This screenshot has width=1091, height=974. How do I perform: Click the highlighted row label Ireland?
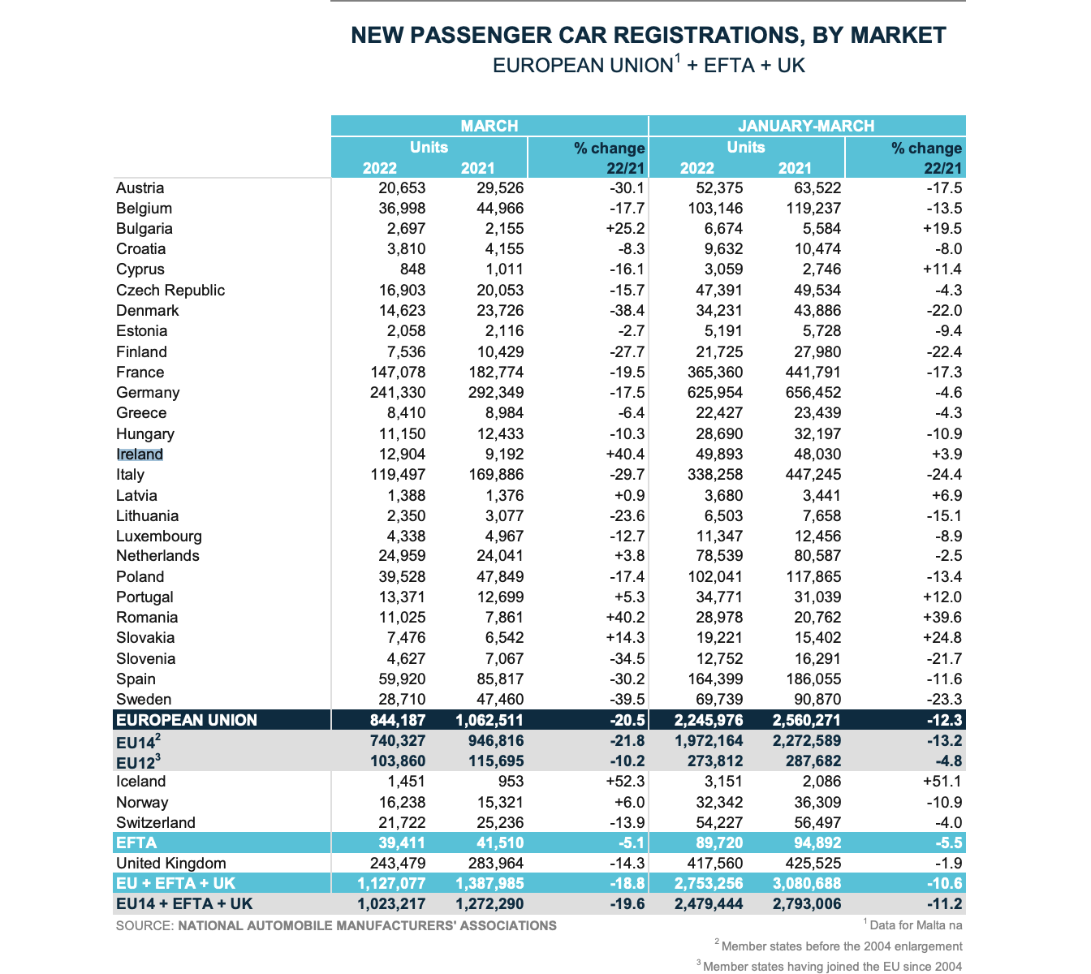(140, 455)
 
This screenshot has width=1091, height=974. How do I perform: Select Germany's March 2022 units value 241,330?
(390, 393)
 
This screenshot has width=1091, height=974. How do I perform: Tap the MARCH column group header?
(489, 126)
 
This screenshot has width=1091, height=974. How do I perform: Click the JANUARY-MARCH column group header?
(806, 126)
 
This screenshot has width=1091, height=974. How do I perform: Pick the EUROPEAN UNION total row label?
(187, 720)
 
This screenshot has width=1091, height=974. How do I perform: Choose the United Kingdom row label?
(171, 864)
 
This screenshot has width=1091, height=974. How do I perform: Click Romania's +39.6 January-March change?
(942, 618)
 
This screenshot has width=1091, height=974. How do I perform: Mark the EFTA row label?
(136, 843)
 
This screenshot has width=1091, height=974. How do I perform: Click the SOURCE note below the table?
(336, 925)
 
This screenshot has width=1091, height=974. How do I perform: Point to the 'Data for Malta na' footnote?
(915, 924)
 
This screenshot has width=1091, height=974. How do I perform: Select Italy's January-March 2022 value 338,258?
(709, 475)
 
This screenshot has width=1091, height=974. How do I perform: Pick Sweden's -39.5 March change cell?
(626, 700)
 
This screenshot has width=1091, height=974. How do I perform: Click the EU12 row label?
(138, 762)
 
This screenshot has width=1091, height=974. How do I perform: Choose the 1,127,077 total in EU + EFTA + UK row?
(390, 884)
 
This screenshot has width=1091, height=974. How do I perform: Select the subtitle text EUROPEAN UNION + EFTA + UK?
(649, 66)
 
